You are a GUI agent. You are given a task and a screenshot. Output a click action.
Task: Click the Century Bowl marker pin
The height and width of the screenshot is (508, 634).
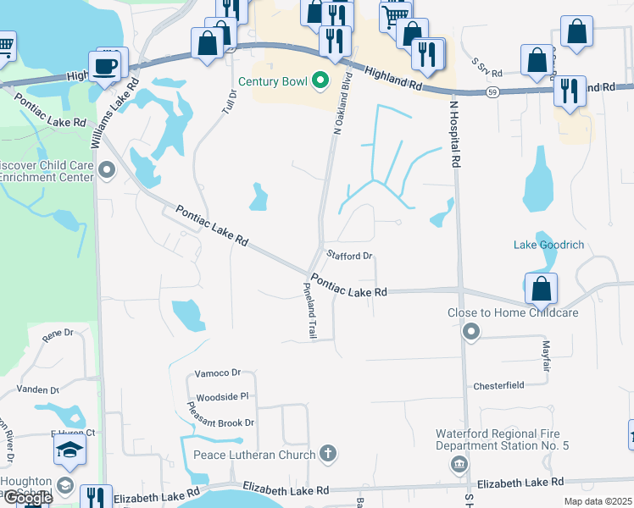point(320,81)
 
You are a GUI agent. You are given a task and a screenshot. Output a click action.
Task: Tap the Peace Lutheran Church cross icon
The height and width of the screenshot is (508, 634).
point(329,455)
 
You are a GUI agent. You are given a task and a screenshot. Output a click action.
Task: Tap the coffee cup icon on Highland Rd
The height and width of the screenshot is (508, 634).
point(106,66)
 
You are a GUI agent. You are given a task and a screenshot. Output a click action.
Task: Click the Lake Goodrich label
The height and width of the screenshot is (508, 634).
point(548,246)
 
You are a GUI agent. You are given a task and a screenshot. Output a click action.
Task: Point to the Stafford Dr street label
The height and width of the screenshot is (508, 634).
point(350,255)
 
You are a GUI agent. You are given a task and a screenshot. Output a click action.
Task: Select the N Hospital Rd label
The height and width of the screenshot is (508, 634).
point(455,133)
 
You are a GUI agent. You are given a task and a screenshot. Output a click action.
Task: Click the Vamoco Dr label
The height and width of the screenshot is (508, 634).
point(218,373)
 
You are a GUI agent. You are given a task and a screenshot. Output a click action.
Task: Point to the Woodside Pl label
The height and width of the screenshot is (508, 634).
point(221,396)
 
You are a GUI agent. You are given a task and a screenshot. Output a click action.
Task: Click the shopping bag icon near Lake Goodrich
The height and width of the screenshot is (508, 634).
point(541,290)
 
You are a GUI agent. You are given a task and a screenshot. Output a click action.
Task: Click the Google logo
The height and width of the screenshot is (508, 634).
point(27,498)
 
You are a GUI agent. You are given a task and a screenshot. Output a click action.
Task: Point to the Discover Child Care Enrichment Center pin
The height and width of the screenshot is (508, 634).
point(107,171)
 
